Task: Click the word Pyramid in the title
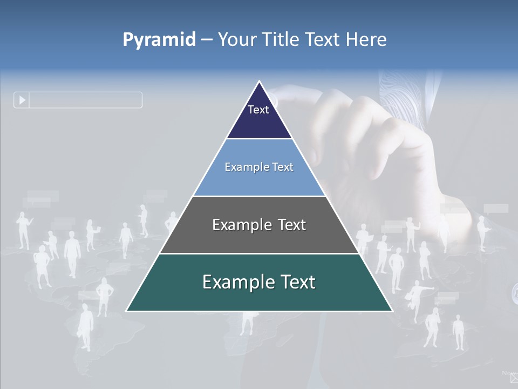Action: click(x=159, y=40)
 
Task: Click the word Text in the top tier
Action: click(x=258, y=110)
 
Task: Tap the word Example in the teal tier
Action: click(x=234, y=282)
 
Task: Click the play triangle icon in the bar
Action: click(x=22, y=100)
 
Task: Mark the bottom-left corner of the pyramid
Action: click(x=126, y=311)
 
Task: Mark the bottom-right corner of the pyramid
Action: click(x=392, y=311)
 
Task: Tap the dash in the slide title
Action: click(x=207, y=39)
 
